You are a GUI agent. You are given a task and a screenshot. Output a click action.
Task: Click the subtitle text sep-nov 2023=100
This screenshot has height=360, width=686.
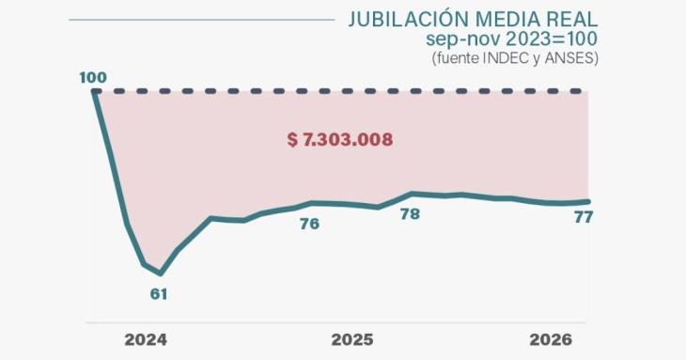click(511, 39)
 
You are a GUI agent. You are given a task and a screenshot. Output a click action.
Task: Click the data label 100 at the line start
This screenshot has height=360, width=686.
click(93, 77)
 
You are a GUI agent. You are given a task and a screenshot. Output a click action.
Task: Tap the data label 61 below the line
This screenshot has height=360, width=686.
click(159, 294)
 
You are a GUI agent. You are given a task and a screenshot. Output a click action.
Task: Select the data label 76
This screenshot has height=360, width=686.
click(309, 224)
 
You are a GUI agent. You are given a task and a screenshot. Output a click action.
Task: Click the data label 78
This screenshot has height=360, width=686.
click(410, 214)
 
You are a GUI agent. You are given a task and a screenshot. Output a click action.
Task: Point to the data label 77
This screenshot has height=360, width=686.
click(584, 217)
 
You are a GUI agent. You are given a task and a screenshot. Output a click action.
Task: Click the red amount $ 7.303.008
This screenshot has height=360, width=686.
click(340, 139)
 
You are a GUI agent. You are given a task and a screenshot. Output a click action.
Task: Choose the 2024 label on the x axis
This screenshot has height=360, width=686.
click(146, 340)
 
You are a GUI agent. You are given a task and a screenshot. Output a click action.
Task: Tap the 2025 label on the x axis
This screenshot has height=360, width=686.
click(352, 340)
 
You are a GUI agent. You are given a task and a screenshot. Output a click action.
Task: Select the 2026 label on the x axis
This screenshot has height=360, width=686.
click(551, 340)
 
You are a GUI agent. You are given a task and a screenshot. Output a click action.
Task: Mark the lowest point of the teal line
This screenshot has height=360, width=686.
click(161, 274)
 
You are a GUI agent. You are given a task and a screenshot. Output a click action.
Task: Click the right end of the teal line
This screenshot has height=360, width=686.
click(588, 202)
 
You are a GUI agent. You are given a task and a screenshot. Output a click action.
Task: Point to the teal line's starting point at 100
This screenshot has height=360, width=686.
click(95, 91)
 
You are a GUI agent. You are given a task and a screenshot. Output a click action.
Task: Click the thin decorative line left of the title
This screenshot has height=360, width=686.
click(202, 20)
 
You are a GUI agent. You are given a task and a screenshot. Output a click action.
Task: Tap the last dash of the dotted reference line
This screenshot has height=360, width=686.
click(576, 91)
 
